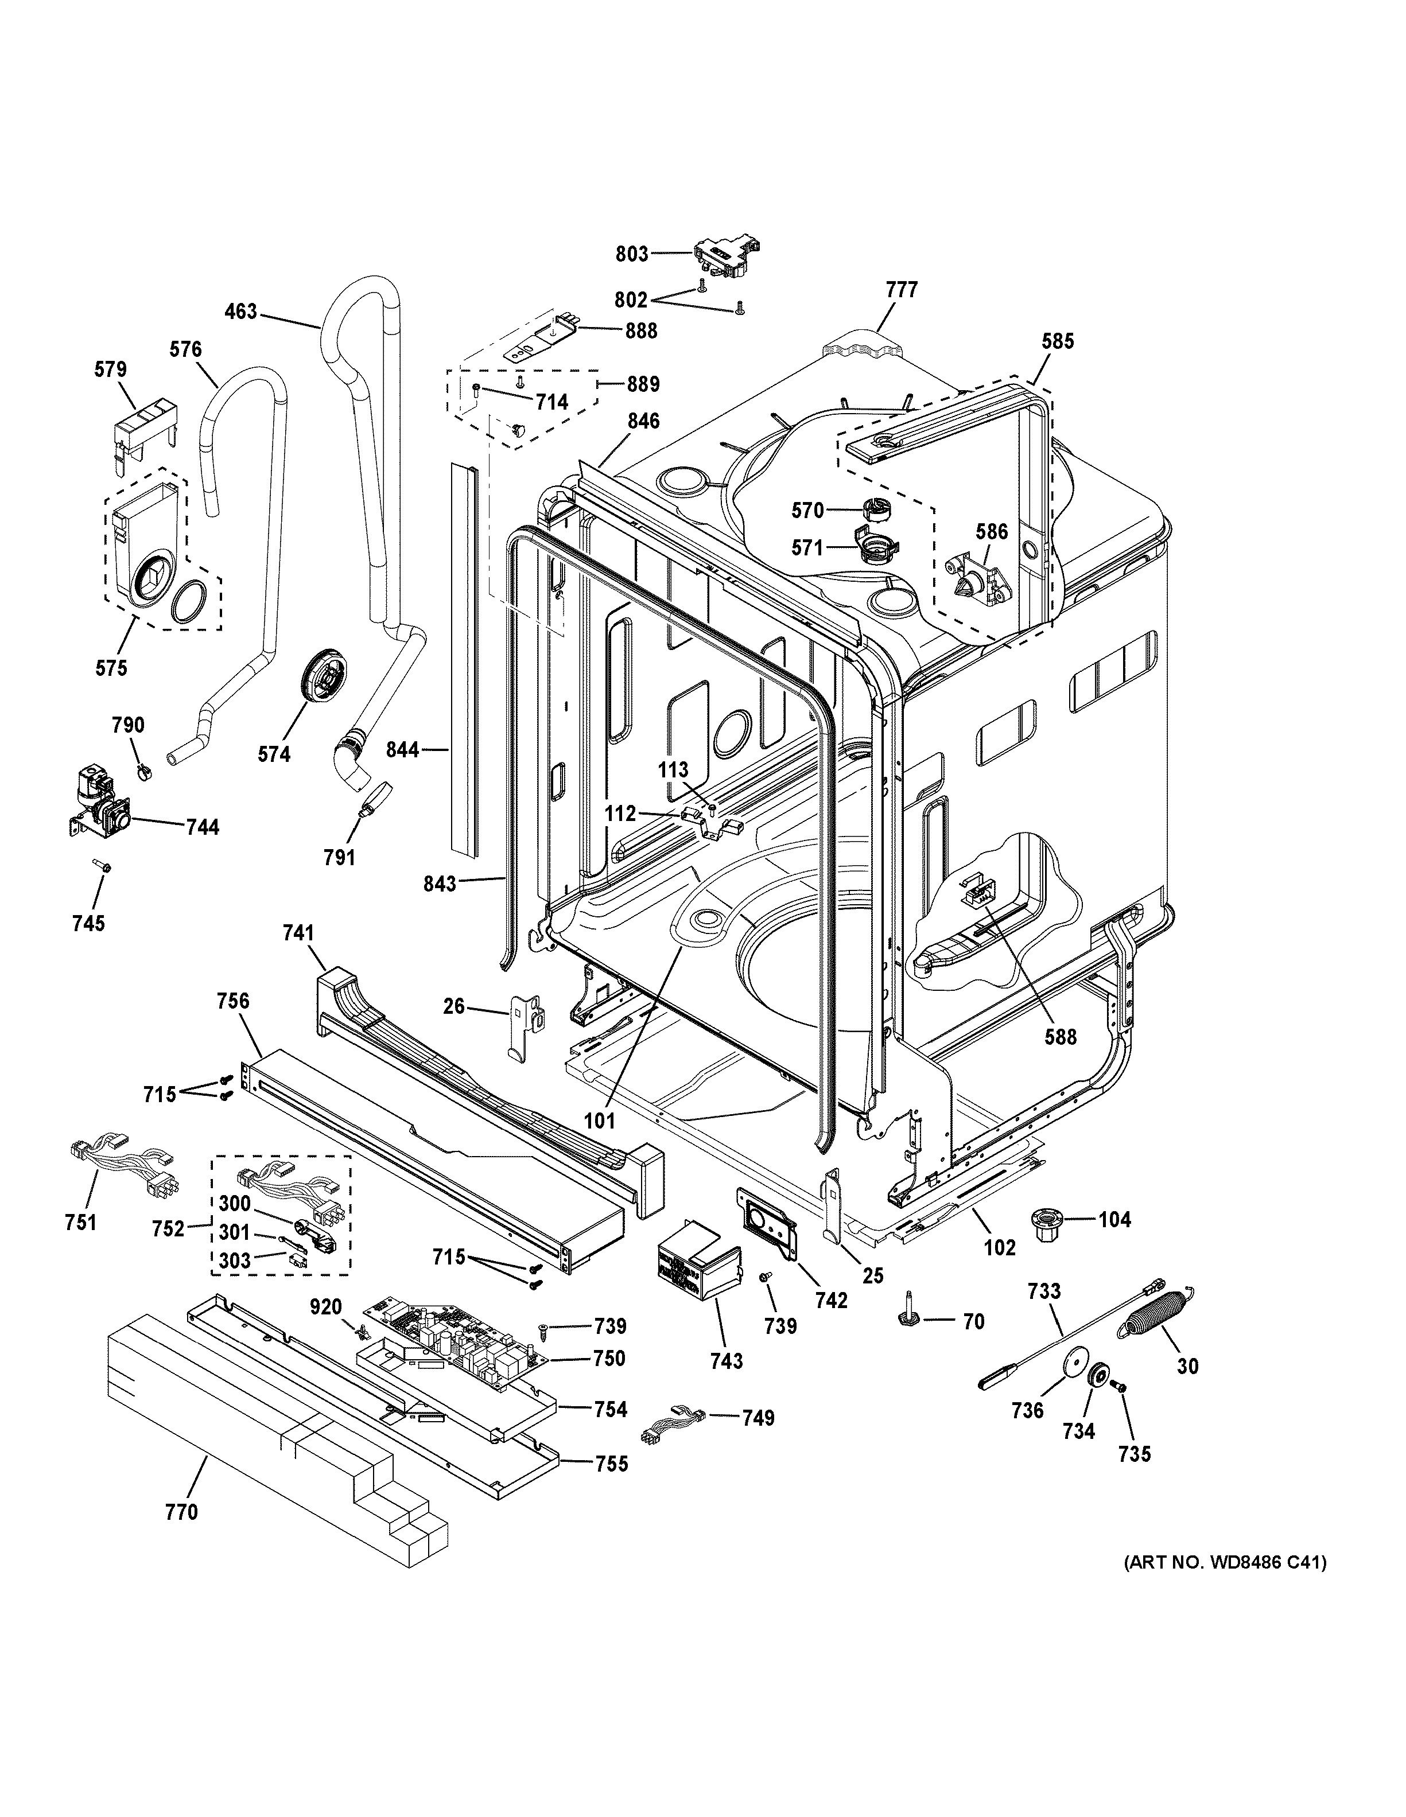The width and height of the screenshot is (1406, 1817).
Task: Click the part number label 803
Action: (631, 254)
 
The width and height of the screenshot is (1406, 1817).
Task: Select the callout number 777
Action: (902, 290)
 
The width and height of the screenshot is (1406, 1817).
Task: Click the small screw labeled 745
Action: (103, 867)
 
